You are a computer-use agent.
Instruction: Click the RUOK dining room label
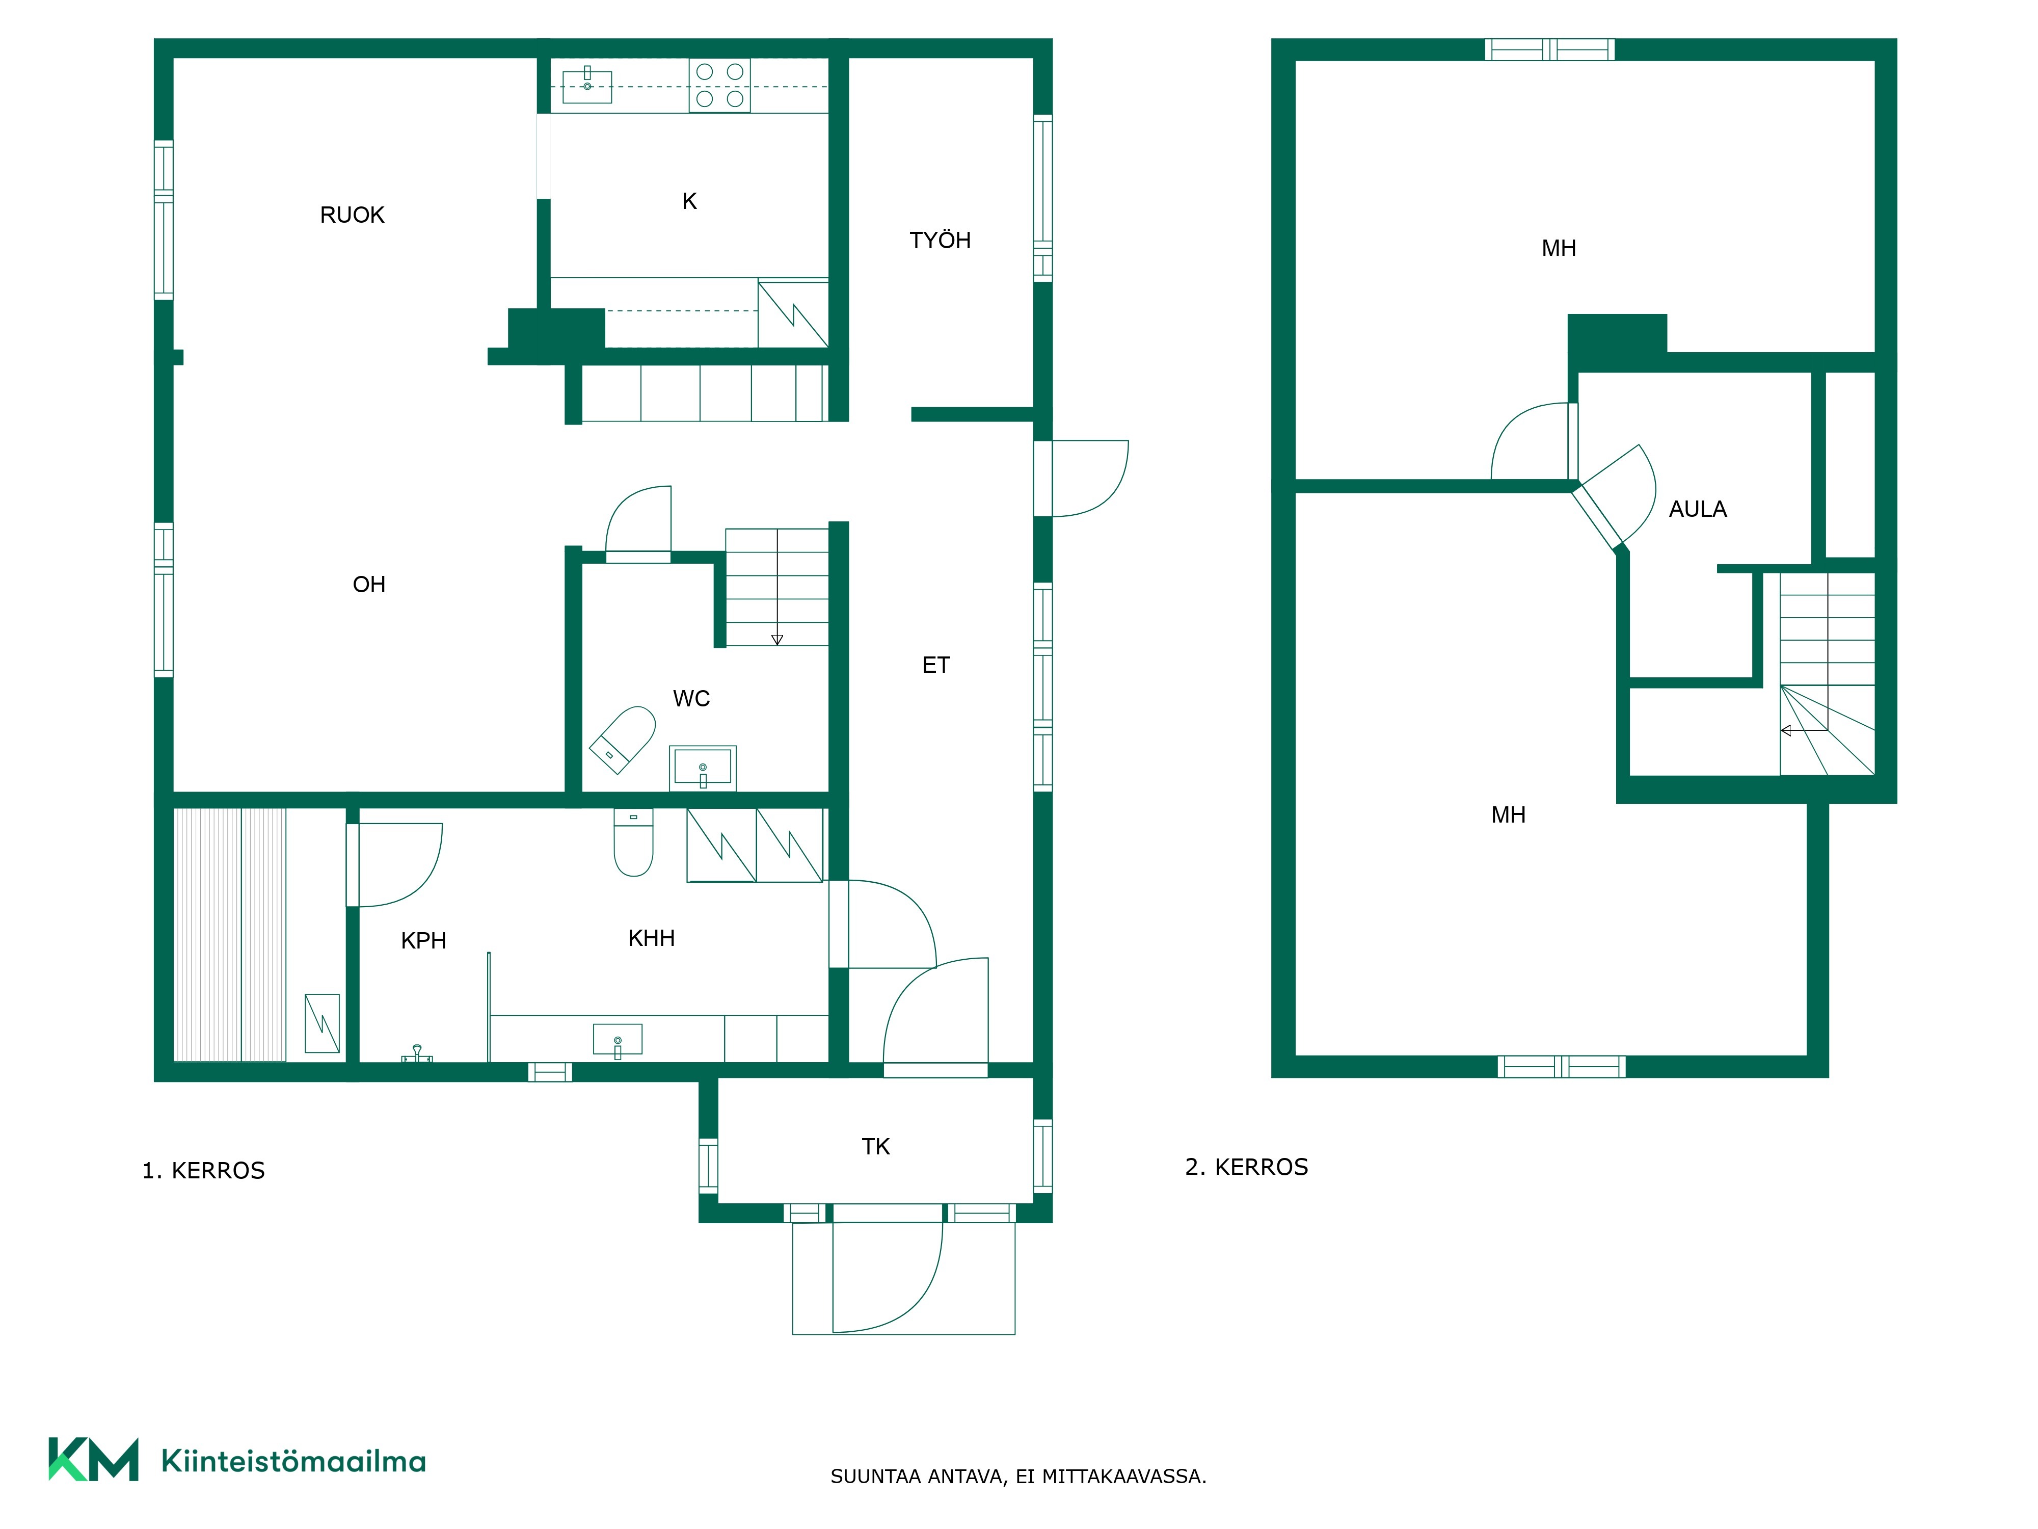pyautogui.click(x=352, y=215)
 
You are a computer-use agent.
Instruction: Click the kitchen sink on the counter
pyautogui.click(x=587, y=85)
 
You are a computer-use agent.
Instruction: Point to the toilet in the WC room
pyautogui.click(x=623, y=739)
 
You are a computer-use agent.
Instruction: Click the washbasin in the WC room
pyautogui.click(x=702, y=768)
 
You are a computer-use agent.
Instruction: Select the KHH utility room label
pyautogui.click(x=651, y=938)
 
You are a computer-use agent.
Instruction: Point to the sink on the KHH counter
pyautogui.click(x=618, y=1040)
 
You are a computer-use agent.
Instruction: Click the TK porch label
pyautogui.click(x=875, y=1147)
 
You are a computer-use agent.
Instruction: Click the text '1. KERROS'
pyautogui.click(x=204, y=1171)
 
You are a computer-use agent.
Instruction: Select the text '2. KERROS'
pyautogui.click(x=1247, y=1167)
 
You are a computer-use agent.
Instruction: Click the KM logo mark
pyautogui.click(x=93, y=1459)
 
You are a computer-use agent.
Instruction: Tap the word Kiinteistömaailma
pyautogui.click(x=293, y=1461)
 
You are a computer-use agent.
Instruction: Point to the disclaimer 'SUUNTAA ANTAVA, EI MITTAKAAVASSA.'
pyautogui.click(x=1018, y=1477)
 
